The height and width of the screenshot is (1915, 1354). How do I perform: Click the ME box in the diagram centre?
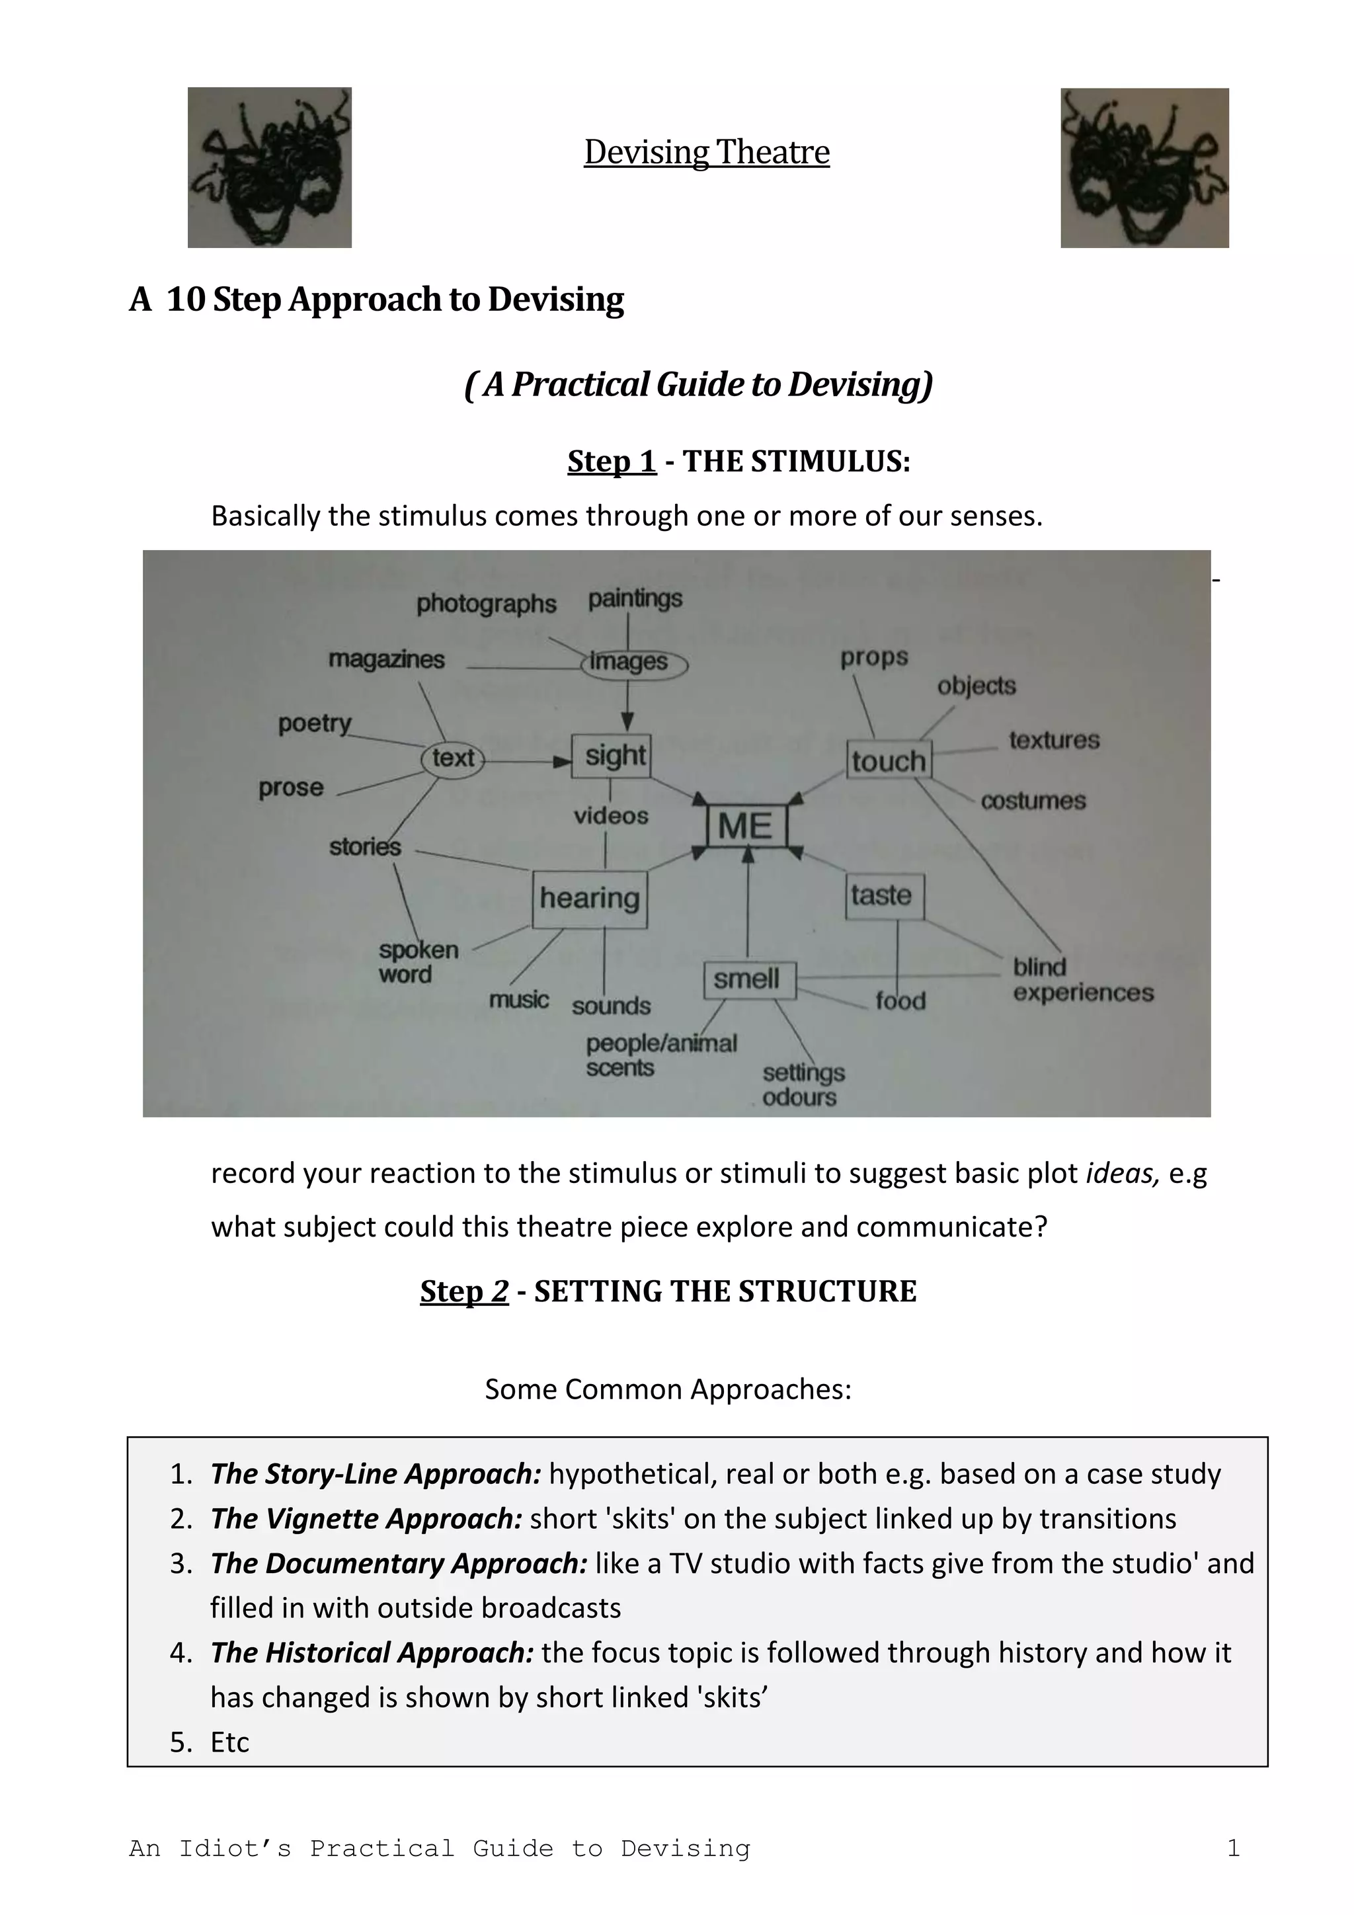746,826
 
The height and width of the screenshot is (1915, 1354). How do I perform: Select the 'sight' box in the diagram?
614,756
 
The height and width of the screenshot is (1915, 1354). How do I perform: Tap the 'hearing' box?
590,898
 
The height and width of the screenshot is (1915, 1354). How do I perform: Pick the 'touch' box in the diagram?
889,760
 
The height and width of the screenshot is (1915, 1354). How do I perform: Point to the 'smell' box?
747,979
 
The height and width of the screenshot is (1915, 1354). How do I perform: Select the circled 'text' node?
453,758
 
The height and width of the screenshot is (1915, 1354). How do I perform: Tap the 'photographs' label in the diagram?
486,603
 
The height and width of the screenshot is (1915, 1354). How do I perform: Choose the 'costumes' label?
1033,801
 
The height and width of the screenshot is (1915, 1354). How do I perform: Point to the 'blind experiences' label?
1082,980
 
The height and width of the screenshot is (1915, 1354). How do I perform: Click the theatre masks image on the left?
269,168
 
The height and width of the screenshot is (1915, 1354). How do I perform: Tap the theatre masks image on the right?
1144,169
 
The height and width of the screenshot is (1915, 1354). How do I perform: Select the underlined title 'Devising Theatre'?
706,153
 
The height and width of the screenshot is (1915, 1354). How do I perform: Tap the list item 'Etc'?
229,1742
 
